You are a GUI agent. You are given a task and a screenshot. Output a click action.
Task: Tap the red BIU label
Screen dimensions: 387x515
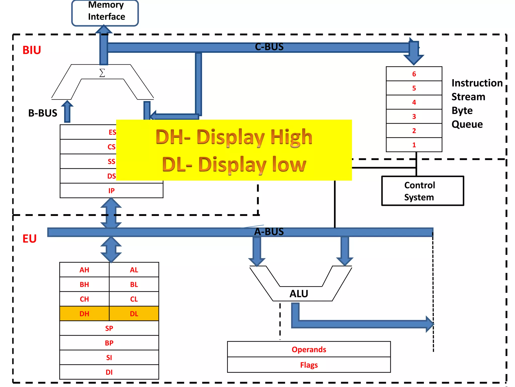[32, 50]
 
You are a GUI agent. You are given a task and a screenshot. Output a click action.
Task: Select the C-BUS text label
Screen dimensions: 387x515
[269, 47]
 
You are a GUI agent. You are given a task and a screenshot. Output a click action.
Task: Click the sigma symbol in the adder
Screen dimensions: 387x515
[102, 73]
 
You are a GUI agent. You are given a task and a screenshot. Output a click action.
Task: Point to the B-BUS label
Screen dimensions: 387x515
[43, 113]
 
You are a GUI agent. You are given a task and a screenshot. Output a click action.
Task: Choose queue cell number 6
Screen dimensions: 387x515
[414, 74]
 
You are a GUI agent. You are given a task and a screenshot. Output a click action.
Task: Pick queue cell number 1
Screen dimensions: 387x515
[414, 145]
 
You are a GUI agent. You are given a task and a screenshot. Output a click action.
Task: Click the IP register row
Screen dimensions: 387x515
[111, 191]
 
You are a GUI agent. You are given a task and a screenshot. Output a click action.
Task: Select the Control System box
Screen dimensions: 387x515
[422, 191]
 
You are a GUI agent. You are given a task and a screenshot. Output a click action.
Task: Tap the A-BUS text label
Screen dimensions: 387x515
[269, 232]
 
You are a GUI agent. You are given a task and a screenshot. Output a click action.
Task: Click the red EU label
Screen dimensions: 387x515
[29, 239]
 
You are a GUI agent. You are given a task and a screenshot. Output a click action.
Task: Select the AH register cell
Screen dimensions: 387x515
[84, 270]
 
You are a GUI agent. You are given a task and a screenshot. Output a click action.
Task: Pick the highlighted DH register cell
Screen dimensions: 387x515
[84, 314]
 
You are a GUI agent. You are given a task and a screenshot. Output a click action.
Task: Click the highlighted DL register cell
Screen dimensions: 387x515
[134, 314]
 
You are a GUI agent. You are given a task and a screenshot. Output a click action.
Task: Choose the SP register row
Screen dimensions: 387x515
[109, 328]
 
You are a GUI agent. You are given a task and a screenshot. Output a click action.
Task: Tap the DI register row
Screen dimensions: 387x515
[109, 372]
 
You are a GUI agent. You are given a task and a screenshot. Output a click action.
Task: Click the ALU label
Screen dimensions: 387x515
[299, 294]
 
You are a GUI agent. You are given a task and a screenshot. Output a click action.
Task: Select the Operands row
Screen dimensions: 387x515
[309, 349]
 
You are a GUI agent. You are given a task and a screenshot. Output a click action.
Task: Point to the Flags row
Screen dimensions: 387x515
[309, 365]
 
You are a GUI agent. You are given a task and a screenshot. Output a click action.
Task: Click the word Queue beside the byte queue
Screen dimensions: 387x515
[467, 124]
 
